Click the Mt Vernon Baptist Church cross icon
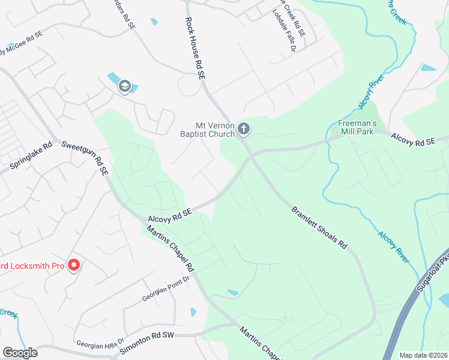click(244, 128)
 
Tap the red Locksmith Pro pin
click(74, 265)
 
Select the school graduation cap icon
click(125, 86)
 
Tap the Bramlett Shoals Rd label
click(320, 228)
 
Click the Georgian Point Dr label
click(166, 289)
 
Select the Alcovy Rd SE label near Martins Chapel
click(170, 215)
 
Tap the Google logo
click(20, 353)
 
